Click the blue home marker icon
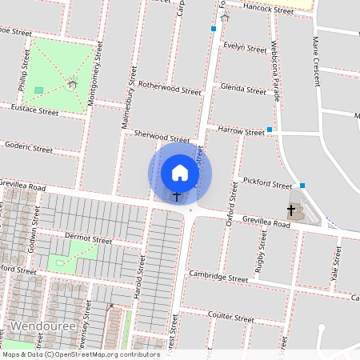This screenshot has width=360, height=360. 180,173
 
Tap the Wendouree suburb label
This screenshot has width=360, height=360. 43,327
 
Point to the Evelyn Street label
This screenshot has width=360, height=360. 245,49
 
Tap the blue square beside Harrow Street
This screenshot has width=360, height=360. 270,130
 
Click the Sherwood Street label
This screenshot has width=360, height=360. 162,138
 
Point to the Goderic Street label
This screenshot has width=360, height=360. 28,148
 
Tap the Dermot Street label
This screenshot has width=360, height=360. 88,239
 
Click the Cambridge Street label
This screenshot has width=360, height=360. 218,278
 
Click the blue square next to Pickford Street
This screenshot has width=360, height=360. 302,185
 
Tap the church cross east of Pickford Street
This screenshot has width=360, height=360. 291,211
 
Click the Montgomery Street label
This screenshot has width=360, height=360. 98,80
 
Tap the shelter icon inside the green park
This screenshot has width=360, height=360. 72,83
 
